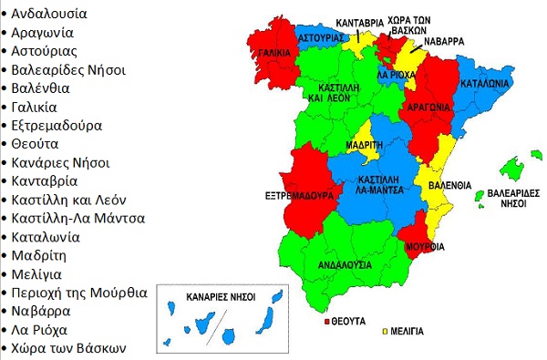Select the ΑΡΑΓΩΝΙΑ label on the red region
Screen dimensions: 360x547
click(425, 107)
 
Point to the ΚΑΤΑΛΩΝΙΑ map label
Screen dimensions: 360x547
click(485, 81)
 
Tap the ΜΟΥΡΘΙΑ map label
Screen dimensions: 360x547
click(426, 247)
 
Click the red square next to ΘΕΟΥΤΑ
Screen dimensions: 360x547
click(327, 322)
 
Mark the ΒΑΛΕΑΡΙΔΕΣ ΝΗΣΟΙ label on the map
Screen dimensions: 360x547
click(508, 200)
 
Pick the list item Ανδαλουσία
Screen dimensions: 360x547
click(50, 15)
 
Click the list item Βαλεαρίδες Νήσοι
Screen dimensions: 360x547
click(68, 69)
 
